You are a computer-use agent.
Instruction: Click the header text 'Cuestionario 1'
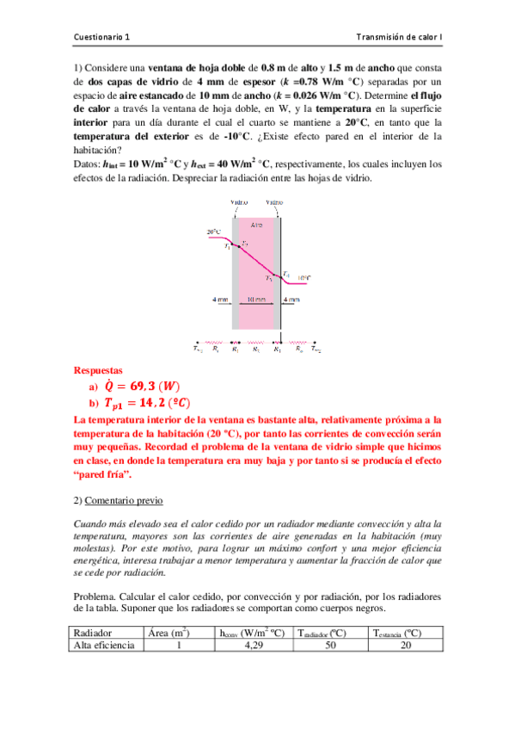(x=104, y=37)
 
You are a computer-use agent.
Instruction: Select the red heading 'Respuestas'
(x=98, y=371)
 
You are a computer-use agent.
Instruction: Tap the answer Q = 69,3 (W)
(x=142, y=386)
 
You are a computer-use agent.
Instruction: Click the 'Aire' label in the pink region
(x=256, y=225)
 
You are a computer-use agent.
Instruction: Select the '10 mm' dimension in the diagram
(x=255, y=300)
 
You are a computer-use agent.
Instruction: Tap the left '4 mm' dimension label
(x=220, y=300)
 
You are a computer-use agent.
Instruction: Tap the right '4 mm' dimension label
(x=291, y=300)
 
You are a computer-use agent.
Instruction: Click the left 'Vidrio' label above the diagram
(x=239, y=203)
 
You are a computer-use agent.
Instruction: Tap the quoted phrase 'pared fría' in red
(x=104, y=475)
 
